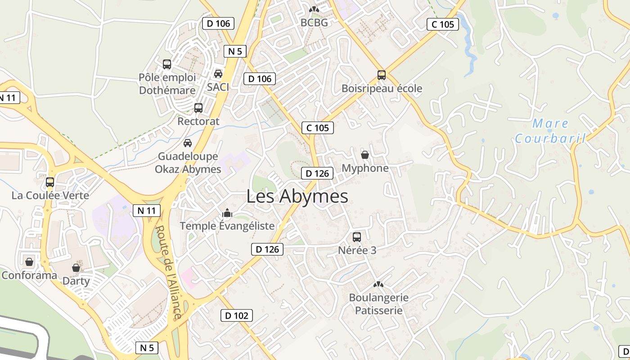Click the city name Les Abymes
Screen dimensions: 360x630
click(x=297, y=197)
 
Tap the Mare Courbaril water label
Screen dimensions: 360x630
click(x=550, y=130)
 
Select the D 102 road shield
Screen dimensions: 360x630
click(x=237, y=315)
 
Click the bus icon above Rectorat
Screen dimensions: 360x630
click(x=198, y=108)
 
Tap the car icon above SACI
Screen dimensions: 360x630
click(x=218, y=73)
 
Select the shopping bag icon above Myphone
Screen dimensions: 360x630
click(x=365, y=155)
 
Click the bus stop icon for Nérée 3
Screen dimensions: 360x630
click(x=357, y=237)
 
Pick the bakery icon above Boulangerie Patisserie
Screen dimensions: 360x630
click(x=378, y=284)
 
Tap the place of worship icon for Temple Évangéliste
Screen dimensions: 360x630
click(x=227, y=212)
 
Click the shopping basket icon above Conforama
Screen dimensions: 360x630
click(x=29, y=261)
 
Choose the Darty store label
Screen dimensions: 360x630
click(x=76, y=281)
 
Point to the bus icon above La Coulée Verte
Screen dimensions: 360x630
click(x=50, y=182)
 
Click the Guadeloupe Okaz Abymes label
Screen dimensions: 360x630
click(x=188, y=163)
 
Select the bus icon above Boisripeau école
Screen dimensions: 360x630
click(x=382, y=75)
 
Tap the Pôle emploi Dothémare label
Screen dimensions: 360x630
click(x=167, y=84)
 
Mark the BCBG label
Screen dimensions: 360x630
click(x=314, y=22)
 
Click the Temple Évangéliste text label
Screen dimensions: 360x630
click(x=227, y=226)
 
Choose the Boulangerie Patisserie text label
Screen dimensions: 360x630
click(x=379, y=304)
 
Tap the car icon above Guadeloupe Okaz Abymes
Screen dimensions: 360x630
click(x=188, y=143)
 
